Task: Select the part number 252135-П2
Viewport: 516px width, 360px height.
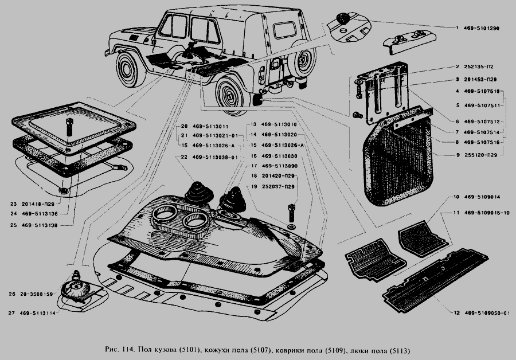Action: [476, 67]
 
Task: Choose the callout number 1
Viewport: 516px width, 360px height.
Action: [458, 28]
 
